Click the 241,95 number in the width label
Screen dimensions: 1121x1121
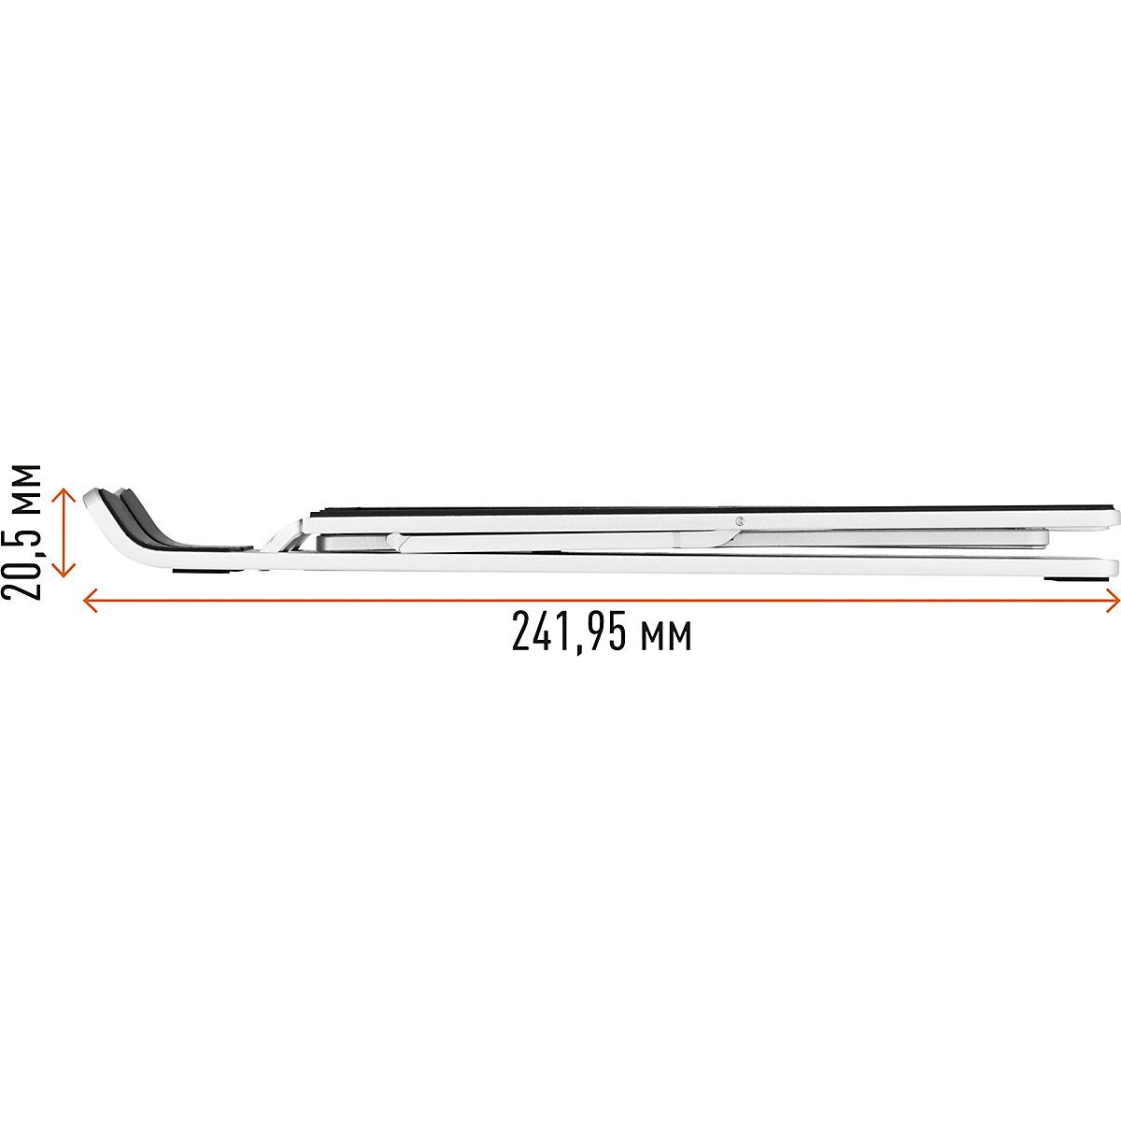566,633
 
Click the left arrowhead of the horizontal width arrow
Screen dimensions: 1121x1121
90,601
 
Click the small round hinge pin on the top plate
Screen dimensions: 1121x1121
740,520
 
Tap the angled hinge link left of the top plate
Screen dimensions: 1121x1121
278,538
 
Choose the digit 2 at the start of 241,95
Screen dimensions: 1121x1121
520,633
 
